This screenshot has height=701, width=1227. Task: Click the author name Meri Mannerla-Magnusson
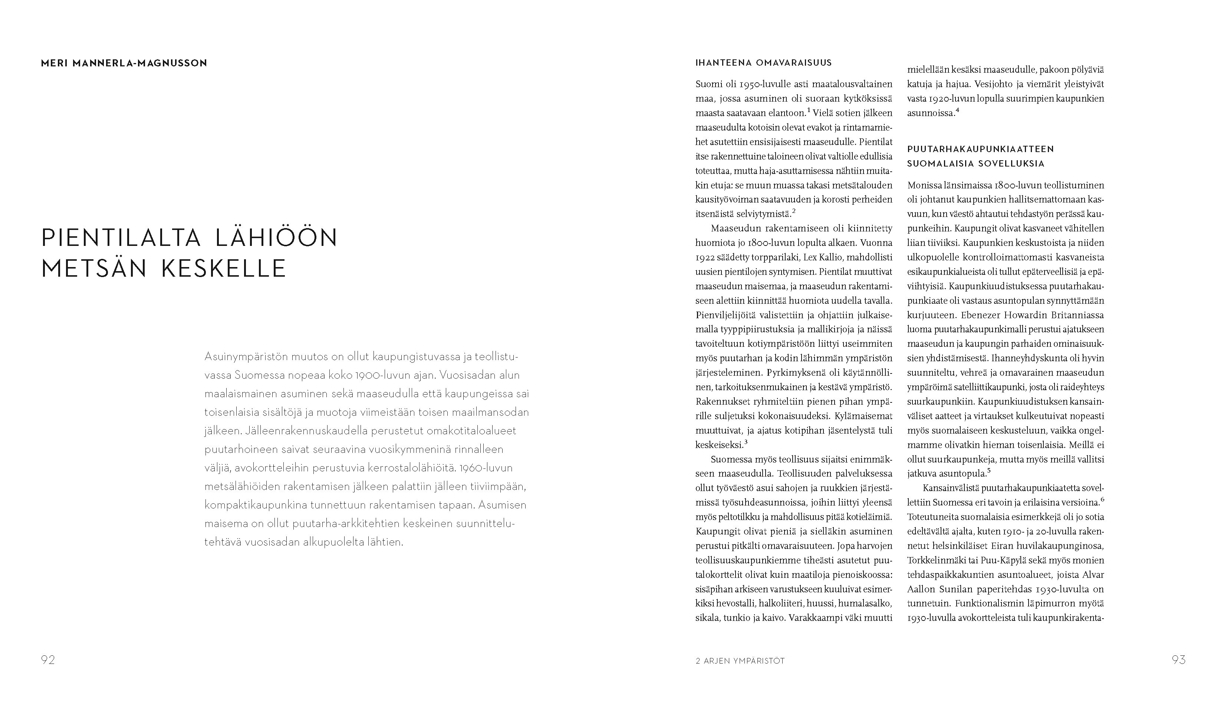(124, 63)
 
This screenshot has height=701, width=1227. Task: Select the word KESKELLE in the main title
(224, 269)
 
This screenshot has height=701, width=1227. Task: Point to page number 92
(48, 659)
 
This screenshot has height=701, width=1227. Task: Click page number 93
(1178, 659)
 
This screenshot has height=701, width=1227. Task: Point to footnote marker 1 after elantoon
(809, 110)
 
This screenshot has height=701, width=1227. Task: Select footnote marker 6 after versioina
(1102, 499)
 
